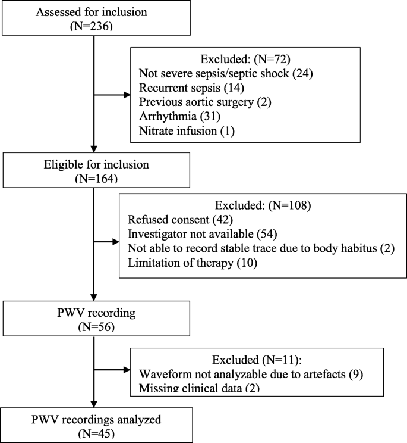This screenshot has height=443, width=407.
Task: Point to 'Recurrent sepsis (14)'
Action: (187, 89)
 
